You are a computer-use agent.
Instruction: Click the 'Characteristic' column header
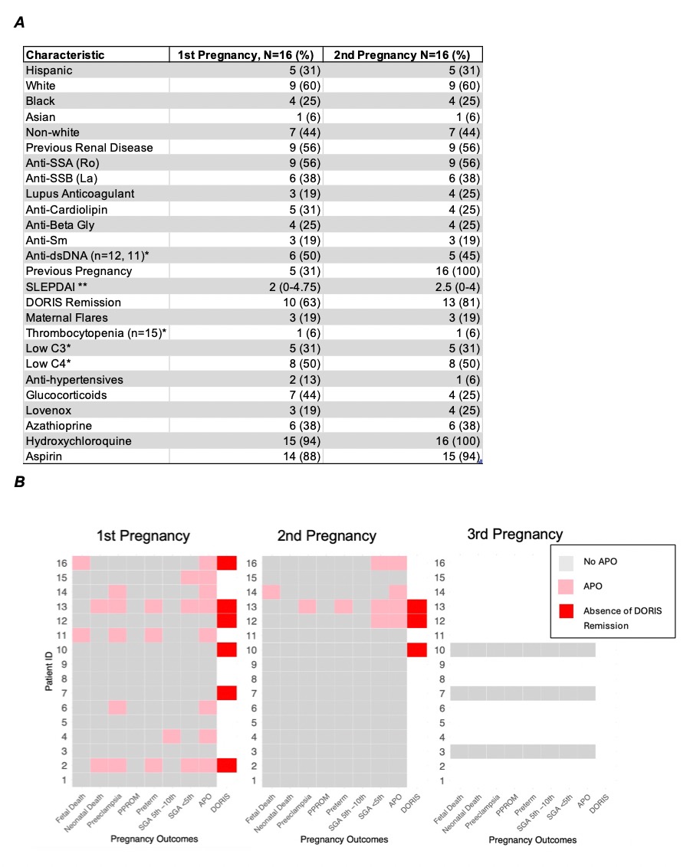click(65, 55)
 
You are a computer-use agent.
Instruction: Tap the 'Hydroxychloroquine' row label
click(79, 441)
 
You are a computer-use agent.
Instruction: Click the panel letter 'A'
click(20, 23)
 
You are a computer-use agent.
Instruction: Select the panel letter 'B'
click(20, 483)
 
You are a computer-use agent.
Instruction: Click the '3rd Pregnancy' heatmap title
click(514, 535)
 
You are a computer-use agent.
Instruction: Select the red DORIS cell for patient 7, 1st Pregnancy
click(226, 694)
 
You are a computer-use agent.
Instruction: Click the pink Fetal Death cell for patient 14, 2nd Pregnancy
click(271, 592)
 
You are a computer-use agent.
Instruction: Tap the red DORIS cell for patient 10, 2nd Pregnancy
click(415, 650)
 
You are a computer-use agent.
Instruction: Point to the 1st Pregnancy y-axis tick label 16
click(64, 563)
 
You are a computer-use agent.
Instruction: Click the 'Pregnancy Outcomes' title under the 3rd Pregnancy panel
click(532, 839)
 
